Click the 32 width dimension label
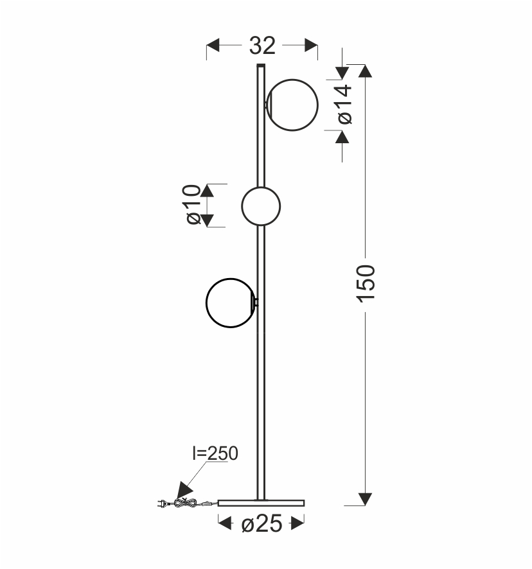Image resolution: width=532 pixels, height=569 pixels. pyautogui.click(x=262, y=46)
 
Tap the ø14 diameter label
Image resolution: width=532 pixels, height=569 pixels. pyautogui.click(x=344, y=105)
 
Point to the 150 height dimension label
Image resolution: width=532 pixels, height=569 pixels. pyautogui.click(x=366, y=283)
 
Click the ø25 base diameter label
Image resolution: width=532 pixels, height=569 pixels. pyautogui.click(x=262, y=523)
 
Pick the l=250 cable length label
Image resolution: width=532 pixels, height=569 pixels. pyautogui.click(x=215, y=453)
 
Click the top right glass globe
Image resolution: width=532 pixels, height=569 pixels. pyautogui.click(x=292, y=105)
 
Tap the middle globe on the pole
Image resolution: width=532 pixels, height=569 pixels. pyautogui.click(x=261, y=206)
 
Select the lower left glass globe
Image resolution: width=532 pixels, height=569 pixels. pyautogui.click(x=231, y=303)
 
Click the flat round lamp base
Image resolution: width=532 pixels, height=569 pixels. pyautogui.click(x=261, y=503)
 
